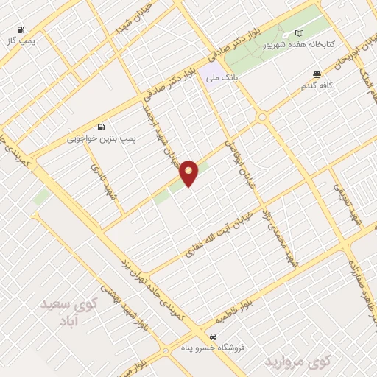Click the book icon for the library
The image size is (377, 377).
click(298, 33)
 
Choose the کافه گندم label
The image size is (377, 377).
click(317, 85)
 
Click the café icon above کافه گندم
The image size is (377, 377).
click(317, 74)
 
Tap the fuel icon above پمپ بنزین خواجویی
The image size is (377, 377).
click(100, 126)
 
